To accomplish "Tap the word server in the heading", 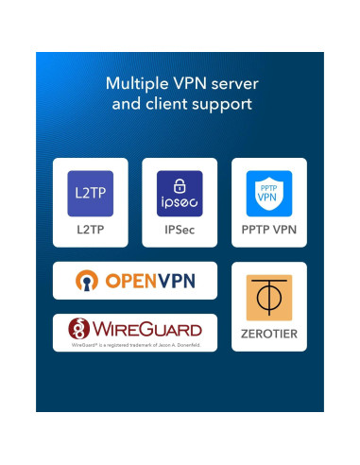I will pos(231,83).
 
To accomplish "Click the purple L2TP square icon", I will pos(92,193).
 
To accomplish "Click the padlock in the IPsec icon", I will pos(180,183).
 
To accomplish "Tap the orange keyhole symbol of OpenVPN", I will pos(88,281).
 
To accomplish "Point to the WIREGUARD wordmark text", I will pos(148,329).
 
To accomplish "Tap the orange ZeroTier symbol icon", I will pos(268,297).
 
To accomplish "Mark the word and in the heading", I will pos(128,103).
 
